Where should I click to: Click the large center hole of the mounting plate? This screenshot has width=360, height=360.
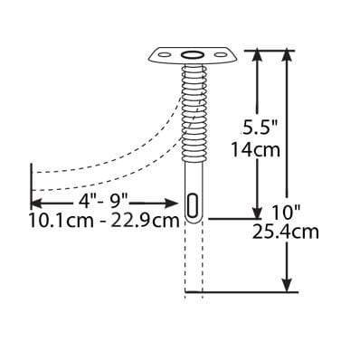pyautogui.click(x=193, y=57)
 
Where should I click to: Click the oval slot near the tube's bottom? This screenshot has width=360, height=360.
pyautogui.click(x=193, y=204)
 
